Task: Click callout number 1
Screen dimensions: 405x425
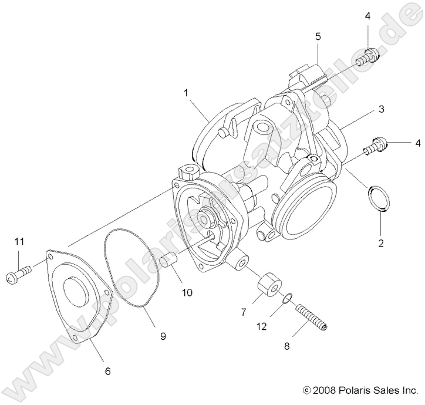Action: click(185, 93)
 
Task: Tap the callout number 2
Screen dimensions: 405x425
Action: click(380, 243)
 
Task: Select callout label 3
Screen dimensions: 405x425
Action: click(382, 109)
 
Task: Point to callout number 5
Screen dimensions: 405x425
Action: click(318, 36)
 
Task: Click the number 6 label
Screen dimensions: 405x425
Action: click(107, 371)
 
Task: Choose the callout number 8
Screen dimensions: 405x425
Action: click(286, 346)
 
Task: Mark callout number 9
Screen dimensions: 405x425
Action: click(163, 336)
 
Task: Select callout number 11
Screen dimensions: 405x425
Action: click(19, 242)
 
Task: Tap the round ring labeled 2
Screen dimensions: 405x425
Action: click(379, 197)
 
